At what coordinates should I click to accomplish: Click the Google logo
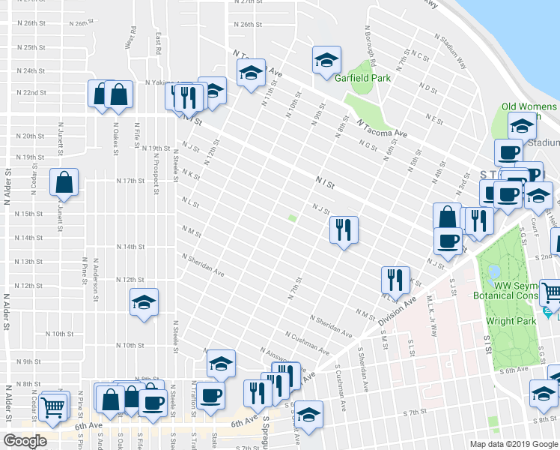click(25, 441)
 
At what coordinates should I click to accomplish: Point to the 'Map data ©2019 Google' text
click(514, 444)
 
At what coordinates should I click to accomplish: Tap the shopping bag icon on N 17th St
click(65, 182)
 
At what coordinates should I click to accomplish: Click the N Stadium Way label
click(451, 50)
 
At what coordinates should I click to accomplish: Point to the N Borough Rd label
click(371, 48)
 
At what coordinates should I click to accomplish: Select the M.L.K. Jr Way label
click(430, 309)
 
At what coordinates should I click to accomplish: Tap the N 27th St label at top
click(247, 3)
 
